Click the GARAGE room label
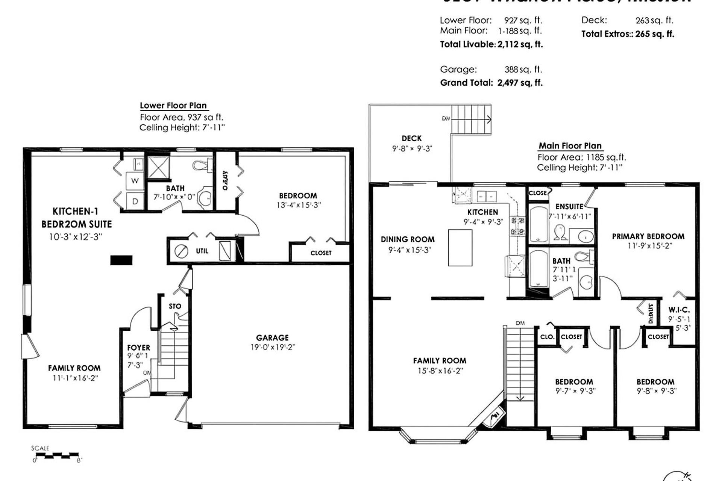click(272, 338)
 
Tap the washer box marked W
click(135, 181)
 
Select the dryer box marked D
click(135, 201)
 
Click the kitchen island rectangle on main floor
click(460, 248)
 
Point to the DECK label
click(411, 138)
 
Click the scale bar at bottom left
click(56, 456)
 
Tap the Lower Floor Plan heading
click(173, 106)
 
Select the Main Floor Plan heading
click(570, 146)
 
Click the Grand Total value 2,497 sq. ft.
click(520, 83)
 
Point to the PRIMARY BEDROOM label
click(648, 236)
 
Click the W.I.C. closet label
click(679, 310)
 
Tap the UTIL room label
click(202, 251)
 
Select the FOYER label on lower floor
click(138, 348)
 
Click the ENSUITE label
click(569, 207)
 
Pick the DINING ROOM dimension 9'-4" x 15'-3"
click(410, 250)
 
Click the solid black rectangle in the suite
click(121, 260)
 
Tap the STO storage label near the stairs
click(175, 306)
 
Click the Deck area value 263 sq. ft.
click(654, 20)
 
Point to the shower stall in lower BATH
click(158, 167)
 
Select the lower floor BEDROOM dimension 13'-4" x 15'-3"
click(298, 205)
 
